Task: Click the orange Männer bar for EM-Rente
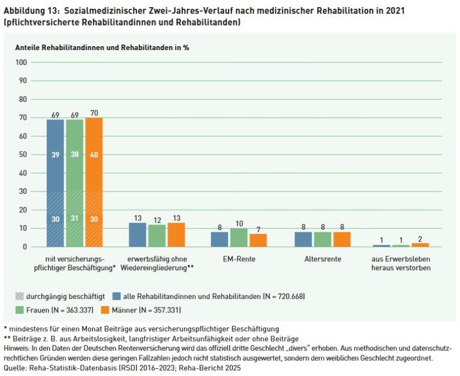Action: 258,240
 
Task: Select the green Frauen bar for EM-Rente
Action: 239,237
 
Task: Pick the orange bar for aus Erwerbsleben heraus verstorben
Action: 420,245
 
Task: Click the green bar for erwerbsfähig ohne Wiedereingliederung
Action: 157,236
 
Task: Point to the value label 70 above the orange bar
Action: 94,114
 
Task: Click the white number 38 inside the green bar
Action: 74,154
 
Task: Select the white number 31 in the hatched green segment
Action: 74,219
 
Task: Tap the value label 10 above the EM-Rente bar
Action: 239,223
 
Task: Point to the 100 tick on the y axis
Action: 22,62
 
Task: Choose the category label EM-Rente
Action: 239,260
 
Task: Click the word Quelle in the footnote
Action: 15,368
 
